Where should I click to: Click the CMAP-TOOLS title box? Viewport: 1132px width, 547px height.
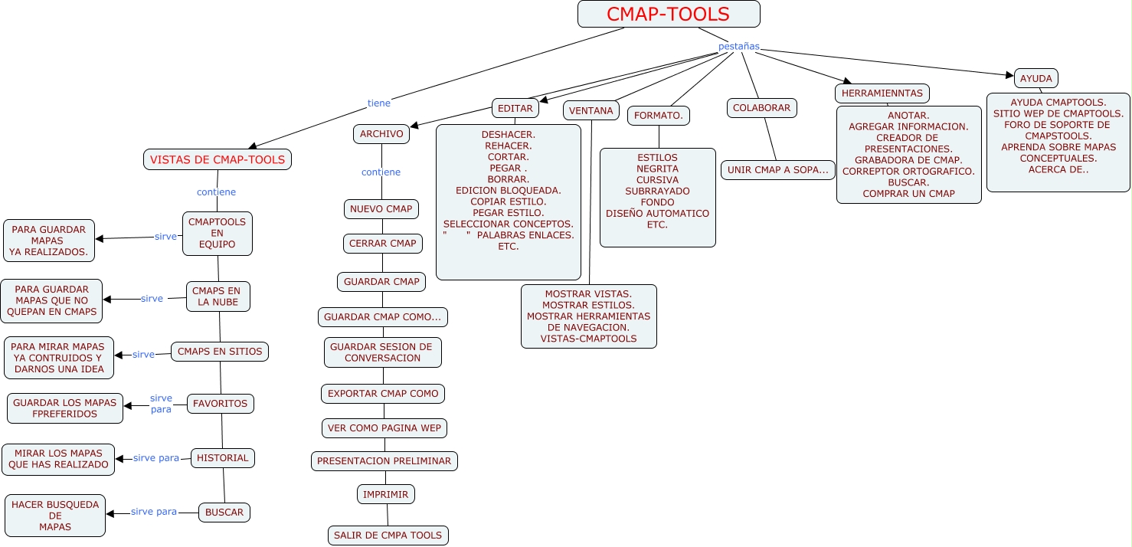669,14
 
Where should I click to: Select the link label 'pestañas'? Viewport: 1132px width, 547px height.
738,47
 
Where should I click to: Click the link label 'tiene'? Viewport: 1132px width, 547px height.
378,103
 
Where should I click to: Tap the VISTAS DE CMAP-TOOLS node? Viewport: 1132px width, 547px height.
218,159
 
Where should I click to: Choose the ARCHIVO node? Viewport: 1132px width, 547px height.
381,134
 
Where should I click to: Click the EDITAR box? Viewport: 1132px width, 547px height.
515,109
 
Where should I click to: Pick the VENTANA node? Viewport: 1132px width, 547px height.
591,111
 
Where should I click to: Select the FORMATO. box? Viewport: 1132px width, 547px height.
659,116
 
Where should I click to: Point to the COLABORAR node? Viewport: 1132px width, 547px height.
761,108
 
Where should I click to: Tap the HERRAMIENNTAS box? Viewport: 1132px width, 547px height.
882,93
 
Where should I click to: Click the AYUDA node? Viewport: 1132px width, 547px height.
1036,78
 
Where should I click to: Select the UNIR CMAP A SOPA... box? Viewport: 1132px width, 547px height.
777,170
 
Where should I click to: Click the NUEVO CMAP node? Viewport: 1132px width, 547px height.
381,209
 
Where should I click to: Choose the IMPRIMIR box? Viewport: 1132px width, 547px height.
386,494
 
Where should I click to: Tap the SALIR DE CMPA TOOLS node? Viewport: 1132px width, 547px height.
388,535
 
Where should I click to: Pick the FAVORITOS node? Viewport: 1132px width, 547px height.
220,404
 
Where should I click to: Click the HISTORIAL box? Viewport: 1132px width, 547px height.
222,458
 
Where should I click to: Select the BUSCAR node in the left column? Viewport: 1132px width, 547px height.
224,513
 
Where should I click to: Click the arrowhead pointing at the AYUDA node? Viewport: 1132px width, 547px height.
1009,75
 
